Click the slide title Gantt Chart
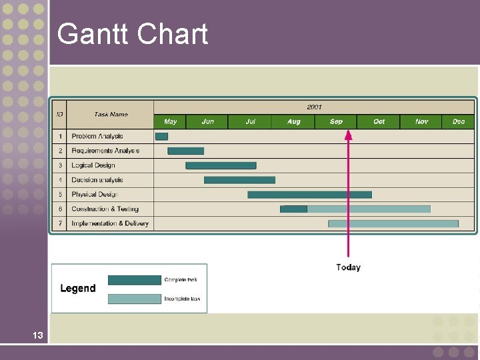click(133, 34)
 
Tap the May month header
click(170, 121)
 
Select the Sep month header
click(336, 121)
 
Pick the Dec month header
click(458, 121)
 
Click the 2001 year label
click(314, 107)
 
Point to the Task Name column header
click(111, 114)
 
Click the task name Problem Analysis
click(97, 137)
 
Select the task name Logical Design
click(93, 165)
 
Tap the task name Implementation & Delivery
click(110, 223)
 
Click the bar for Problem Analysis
click(161, 137)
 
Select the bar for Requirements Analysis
click(185, 151)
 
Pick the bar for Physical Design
click(309, 195)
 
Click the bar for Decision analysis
click(239, 180)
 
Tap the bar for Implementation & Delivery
click(393, 223)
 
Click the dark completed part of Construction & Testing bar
click(294, 209)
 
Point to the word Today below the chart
click(348, 267)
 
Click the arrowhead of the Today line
click(347, 134)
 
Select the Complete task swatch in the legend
click(134, 280)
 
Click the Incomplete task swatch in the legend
click(134, 299)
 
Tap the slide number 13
click(37, 335)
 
